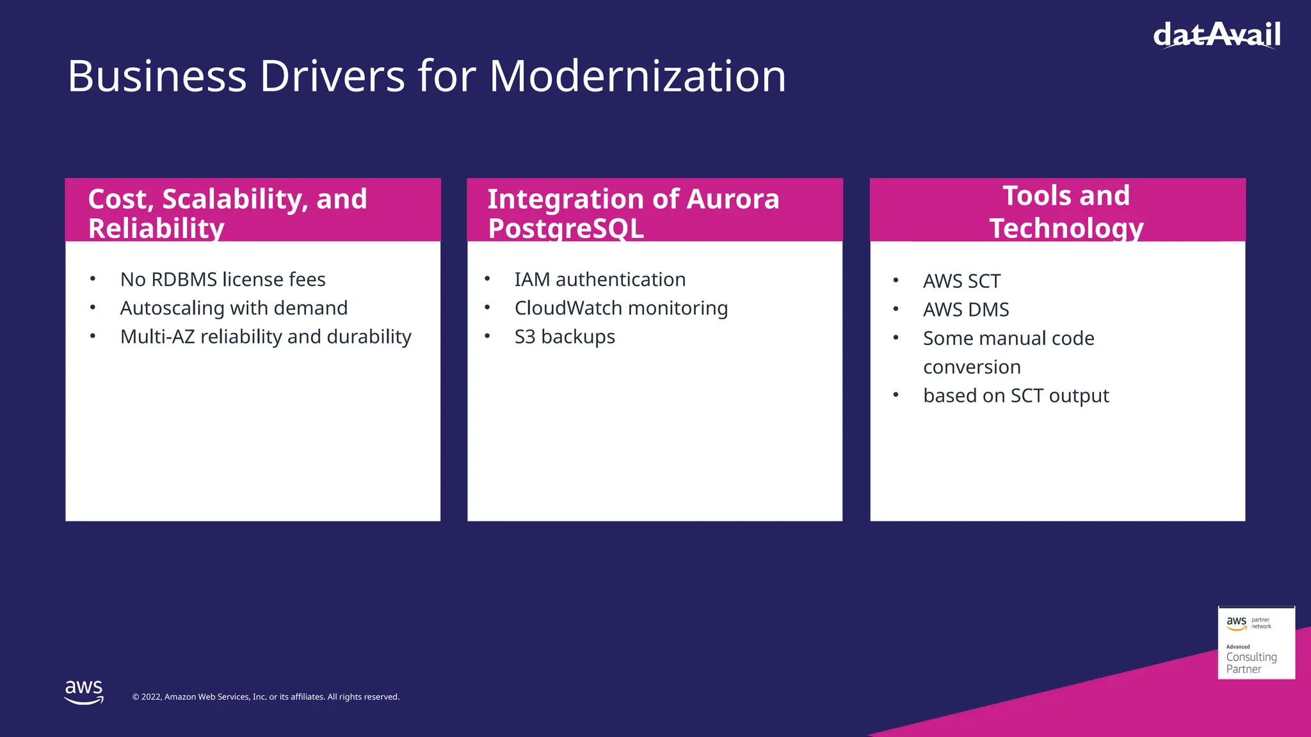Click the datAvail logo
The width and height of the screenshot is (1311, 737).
pyautogui.click(x=1216, y=35)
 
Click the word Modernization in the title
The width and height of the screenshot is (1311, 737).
pyautogui.click(x=638, y=76)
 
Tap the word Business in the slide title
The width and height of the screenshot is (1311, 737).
pyautogui.click(x=157, y=76)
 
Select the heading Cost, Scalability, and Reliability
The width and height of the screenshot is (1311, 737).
pyautogui.click(x=228, y=212)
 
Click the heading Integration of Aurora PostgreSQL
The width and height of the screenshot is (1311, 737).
pyautogui.click(x=633, y=212)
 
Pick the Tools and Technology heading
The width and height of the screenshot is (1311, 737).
pyautogui.click(x=1066, y=211)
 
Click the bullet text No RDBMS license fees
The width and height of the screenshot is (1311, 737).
pyautogui.click(x=223, y=280)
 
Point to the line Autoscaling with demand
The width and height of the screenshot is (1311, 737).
pyautogui.click(x=234, y=308)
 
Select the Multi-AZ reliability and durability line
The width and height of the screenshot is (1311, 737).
pyautogui.click(x=266, y=337)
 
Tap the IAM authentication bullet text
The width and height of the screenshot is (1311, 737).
pyautogui.click(x=600, y=280)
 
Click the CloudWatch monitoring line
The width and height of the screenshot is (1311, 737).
pyautogui.click(x=621, y=308)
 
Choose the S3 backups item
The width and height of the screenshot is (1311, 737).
pyautogui.click(x=565, y=337)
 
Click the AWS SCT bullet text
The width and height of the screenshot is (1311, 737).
pyautogui.click(x=961, y=281)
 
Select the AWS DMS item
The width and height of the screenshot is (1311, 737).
pyautogui.click(x=966, y=310)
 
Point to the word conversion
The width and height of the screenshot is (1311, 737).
pyautogui.click(x=972, y=367)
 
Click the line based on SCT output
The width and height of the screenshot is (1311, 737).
pyautogui.click(x=1016, y=396)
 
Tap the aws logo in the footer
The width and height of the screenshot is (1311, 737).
pyautogui.click(x=84, y=692)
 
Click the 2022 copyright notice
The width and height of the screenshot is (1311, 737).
pyautogui.click(x=266, y=697)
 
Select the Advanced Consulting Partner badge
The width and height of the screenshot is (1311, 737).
pyautogui.click(x=1256, y=643)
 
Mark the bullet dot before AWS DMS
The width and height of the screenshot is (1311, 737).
pyautogui.click(x=896, y=310)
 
